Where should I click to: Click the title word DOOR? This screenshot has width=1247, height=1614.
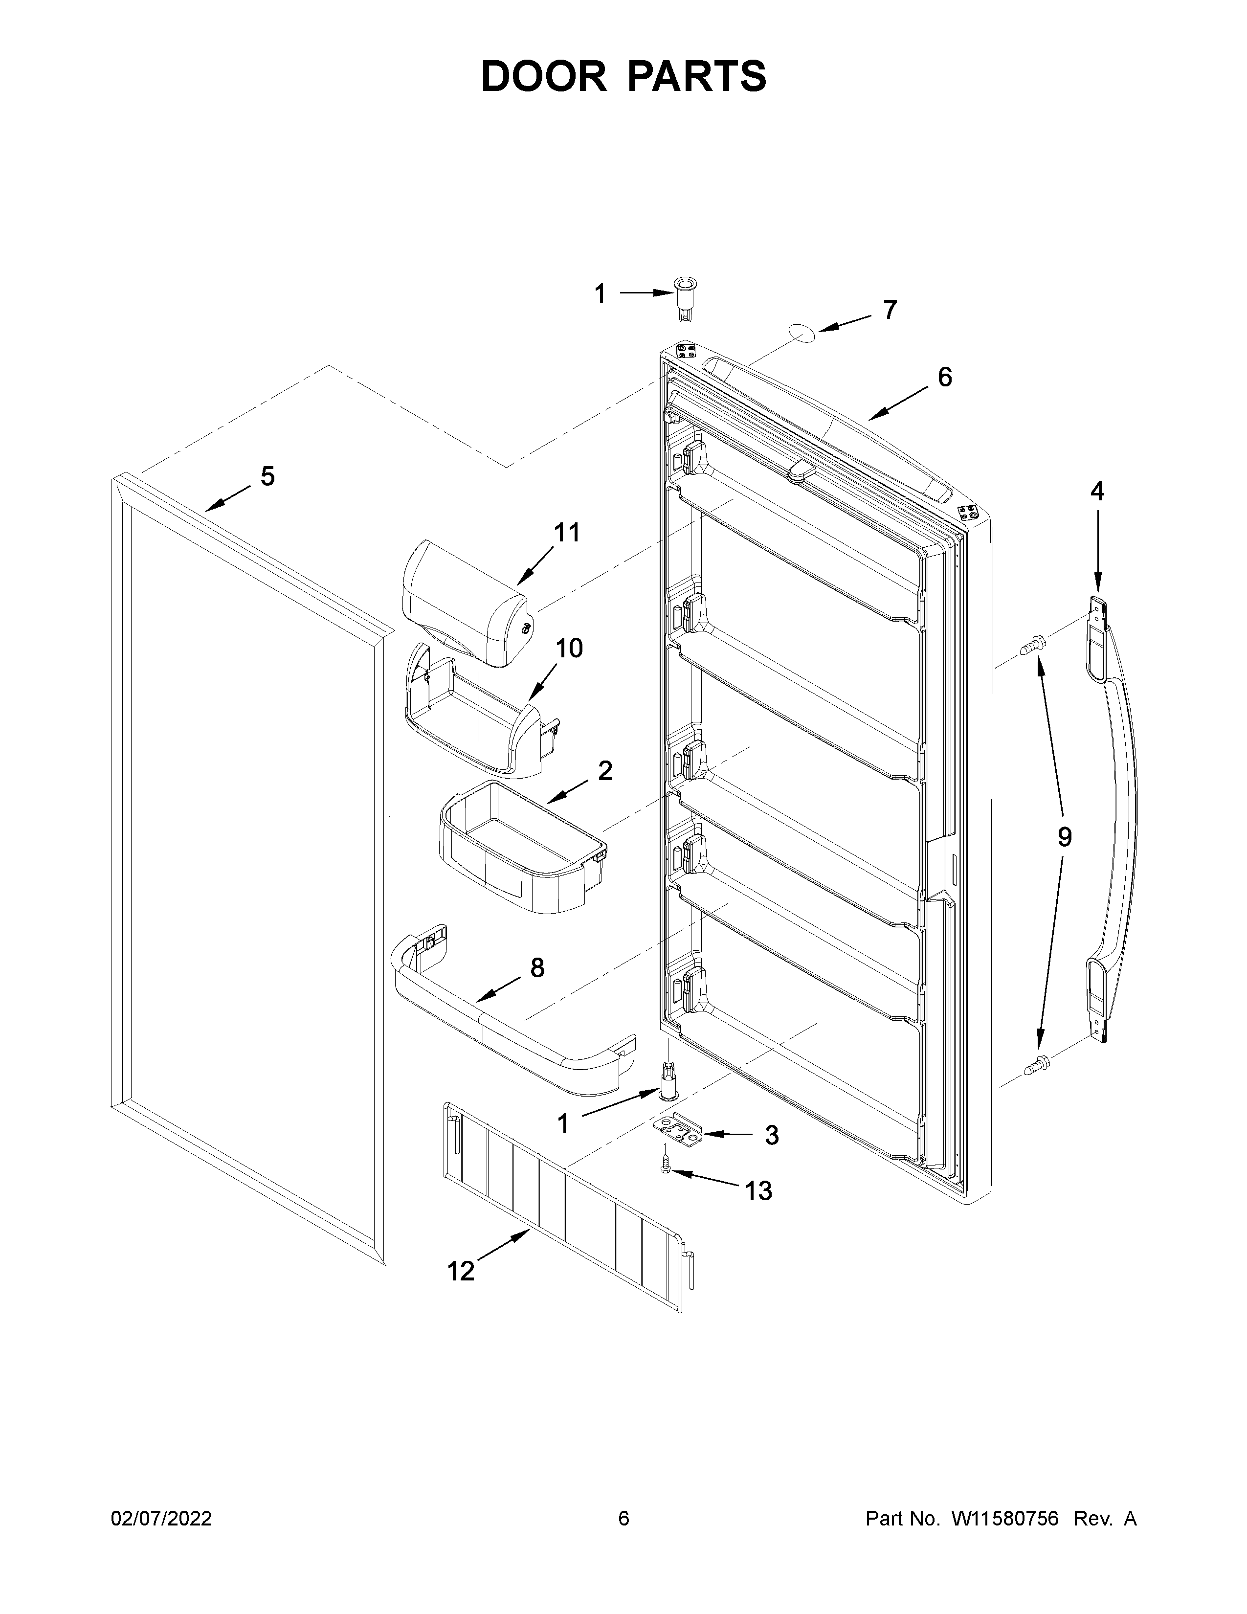tap(543, 76)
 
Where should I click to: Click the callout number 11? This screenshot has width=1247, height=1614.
tap(567, 532)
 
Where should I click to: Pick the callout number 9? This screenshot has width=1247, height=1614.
tap(1064, 837)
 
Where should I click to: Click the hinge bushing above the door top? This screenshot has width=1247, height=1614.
tap(684, 298)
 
